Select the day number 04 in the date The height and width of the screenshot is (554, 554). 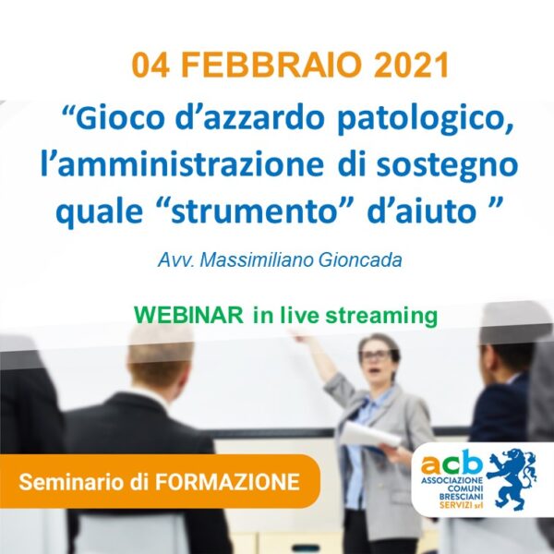151,65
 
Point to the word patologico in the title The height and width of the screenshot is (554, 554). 425,120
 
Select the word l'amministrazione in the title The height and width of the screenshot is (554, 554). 182,164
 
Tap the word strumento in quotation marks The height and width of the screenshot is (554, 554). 253,212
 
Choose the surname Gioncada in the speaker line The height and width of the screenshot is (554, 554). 360,260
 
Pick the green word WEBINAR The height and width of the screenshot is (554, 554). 188,315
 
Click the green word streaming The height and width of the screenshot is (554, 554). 381,316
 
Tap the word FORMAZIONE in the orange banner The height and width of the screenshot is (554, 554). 228,482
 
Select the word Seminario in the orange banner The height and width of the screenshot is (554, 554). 73,482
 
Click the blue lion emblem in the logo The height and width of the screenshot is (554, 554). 512,479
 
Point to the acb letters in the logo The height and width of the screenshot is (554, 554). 452,463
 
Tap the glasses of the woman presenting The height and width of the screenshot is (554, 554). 376,355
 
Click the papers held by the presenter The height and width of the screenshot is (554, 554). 370,435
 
